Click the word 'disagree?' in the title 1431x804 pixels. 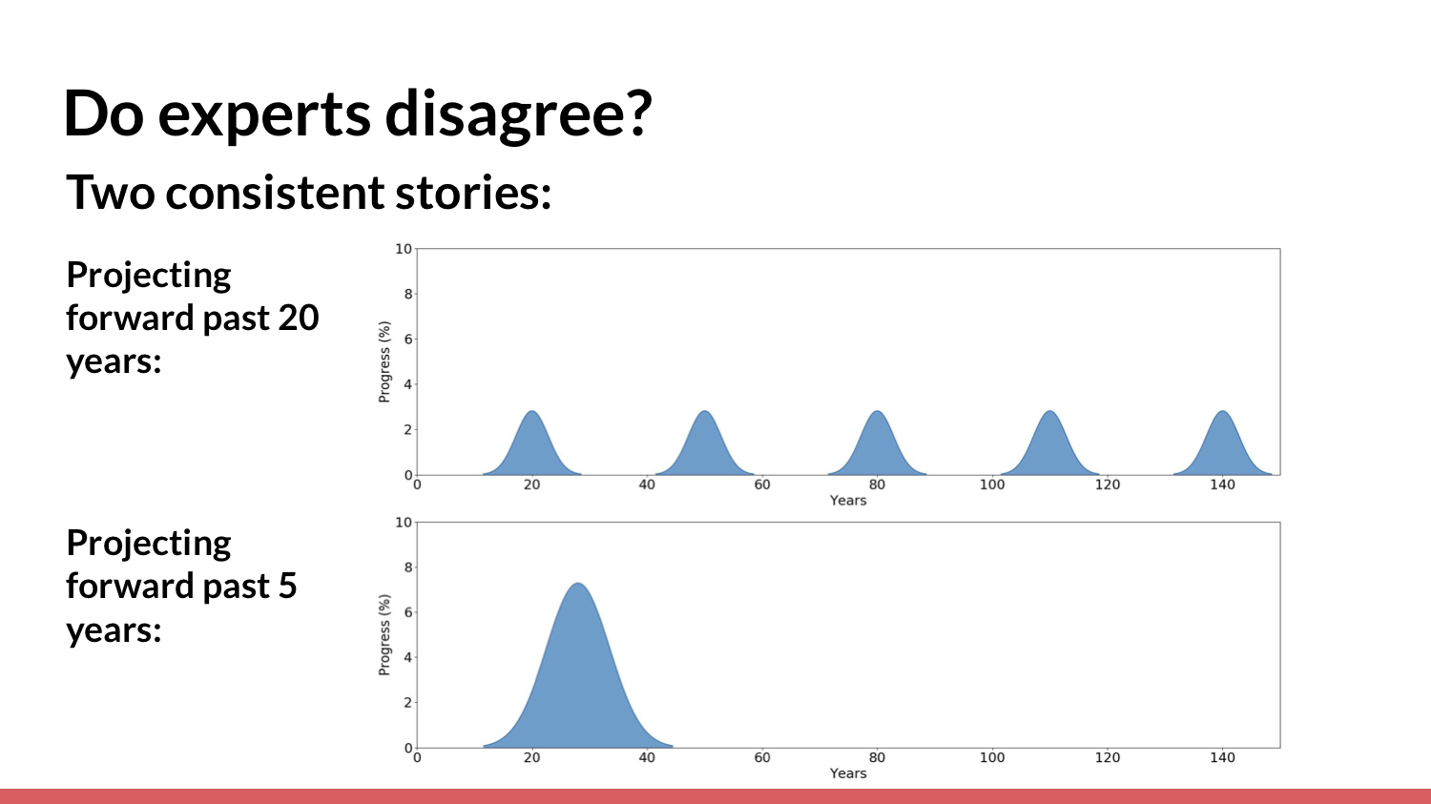[518, 113]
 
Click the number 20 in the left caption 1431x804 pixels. [299, 318]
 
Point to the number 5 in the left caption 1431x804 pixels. [287, 586]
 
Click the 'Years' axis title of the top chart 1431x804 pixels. [848, 500]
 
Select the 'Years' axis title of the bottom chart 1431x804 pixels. [848, 773]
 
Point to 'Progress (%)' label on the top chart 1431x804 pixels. [384, 362]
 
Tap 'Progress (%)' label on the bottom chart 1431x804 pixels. [384, 635]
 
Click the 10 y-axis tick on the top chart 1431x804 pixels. [404, 248]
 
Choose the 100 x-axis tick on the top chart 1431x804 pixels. [992, 484]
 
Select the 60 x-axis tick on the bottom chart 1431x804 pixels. [762, 757]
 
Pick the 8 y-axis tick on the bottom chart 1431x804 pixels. [407, 567]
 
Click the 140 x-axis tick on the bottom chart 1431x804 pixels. [1222, 757]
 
